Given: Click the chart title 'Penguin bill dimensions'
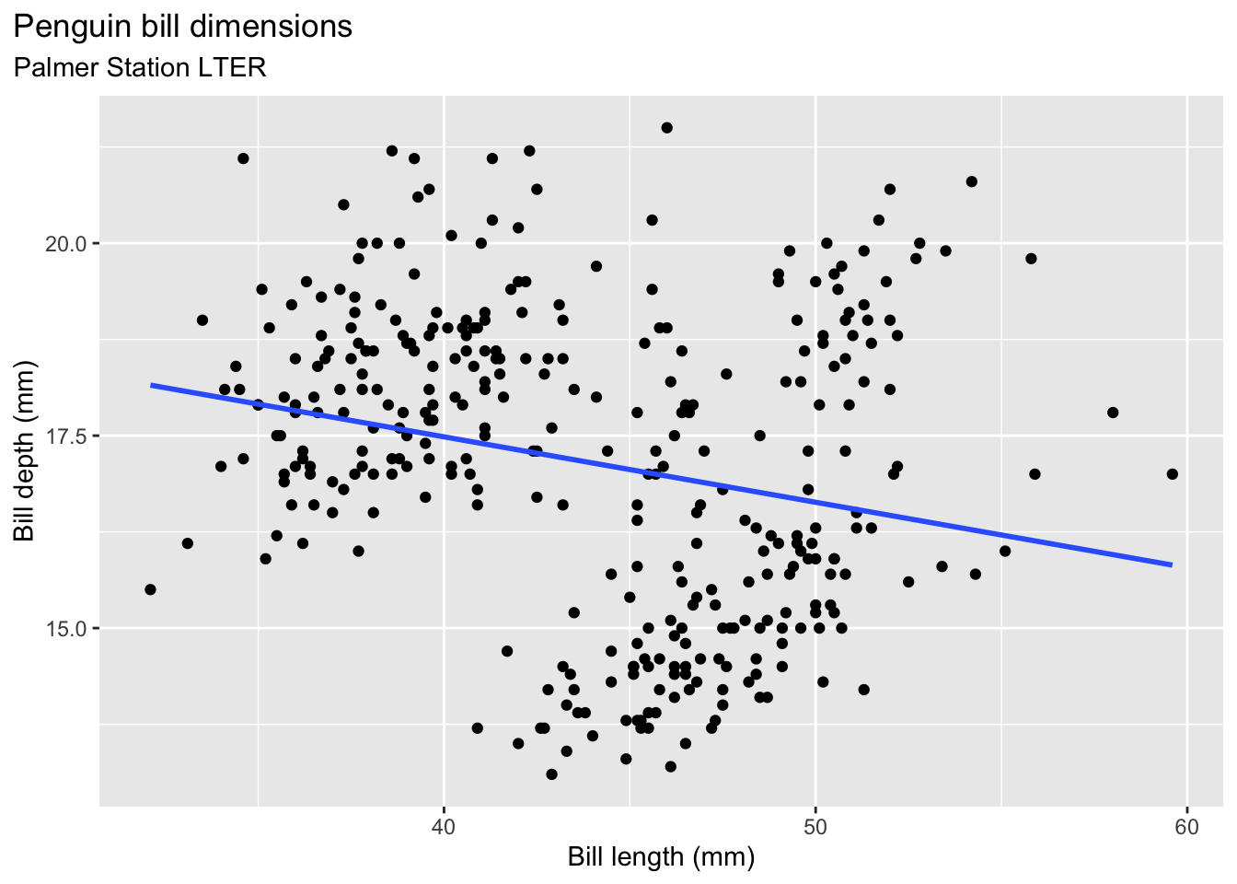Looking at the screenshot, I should click(183, 27).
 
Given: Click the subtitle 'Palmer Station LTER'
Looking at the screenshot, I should click(140, 67).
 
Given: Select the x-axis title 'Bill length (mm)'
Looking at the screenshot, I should click(661, 857).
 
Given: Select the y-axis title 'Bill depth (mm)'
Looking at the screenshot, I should click(24, 451).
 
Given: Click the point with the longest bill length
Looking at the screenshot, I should click(1172, 474).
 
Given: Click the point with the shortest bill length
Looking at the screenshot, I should click(150, 589).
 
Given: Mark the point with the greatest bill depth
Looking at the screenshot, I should click(666, 128).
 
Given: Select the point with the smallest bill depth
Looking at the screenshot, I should click(551, 774).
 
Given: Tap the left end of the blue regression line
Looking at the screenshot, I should click(152, 385).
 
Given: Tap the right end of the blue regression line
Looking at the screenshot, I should click(1172, 564).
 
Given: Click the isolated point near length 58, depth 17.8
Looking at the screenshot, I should click(1113, 413).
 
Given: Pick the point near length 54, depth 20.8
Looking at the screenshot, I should click(971, 181).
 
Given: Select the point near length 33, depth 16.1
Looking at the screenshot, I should click(188, 543).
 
